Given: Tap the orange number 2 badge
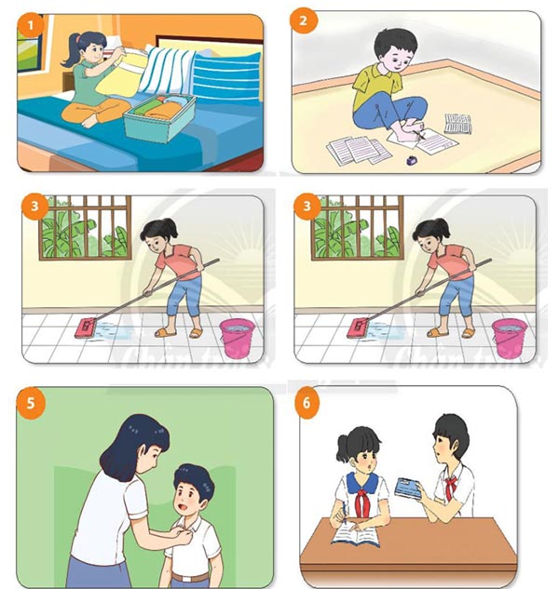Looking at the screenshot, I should [305, 20].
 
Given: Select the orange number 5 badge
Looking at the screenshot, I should [31, 404].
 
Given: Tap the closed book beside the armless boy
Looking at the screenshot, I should [457, 122].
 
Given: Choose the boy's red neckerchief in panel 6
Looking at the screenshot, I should [452, 484].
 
